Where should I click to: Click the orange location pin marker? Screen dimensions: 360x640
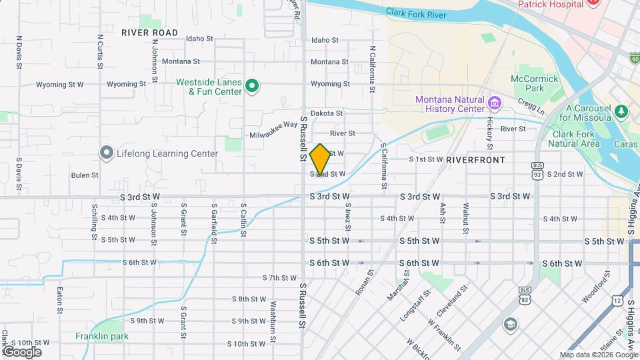[x=321, y=159]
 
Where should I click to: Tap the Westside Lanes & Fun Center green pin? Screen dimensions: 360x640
[x=252, y=85]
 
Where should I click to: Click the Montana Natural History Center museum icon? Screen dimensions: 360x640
[x=494, y=103]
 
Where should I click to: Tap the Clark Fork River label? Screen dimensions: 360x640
[x=415, y=12]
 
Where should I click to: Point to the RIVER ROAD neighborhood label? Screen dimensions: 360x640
[x=149, y=33]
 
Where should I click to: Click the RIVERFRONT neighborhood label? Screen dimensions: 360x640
[x=476, y=160]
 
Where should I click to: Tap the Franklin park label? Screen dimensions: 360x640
[x=102, y=336]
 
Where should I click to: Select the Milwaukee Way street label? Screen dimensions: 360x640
[x=273, y=129]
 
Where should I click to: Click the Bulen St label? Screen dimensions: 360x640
[x=84, y=175]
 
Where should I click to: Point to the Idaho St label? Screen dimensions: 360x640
[x=324, y=40]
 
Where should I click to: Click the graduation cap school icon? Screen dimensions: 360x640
[x=510, y=324]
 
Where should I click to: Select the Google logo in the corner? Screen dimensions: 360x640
[x=22, y=351]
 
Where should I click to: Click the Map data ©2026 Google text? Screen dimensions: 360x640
[x=598, y=355]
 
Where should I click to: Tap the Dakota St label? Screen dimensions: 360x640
[x=326, y=114]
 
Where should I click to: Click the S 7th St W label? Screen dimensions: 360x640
[x=279, y=277]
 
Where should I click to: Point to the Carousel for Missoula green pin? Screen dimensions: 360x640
[x=621, y=110]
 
